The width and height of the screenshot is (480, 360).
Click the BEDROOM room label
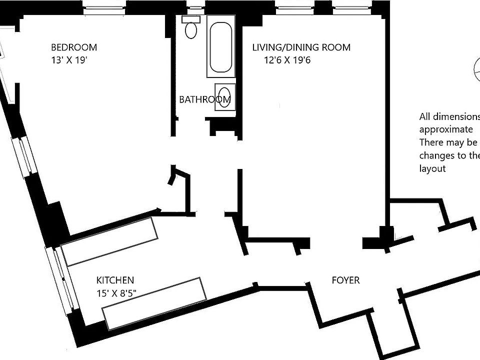click(x=74, y=48)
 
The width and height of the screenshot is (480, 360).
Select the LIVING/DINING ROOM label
click(x=301, y=48)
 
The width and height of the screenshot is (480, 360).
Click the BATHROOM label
click(x=204, y=99)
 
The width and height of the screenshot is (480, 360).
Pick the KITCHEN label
click(x=115, y=280)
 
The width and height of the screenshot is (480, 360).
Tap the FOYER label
click(x=345, y=280)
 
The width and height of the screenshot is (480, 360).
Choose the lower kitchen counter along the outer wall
click(x=154, y=303)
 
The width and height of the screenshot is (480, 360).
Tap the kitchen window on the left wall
click(x=62, y=278)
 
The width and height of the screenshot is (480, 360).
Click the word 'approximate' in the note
click(x=445, y=129)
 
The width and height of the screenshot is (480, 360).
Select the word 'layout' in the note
click(x=432, y=168)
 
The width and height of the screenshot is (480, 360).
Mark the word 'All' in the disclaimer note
click(x=425, y=117)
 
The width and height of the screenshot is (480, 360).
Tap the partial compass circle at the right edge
click(x=475, y=70)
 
